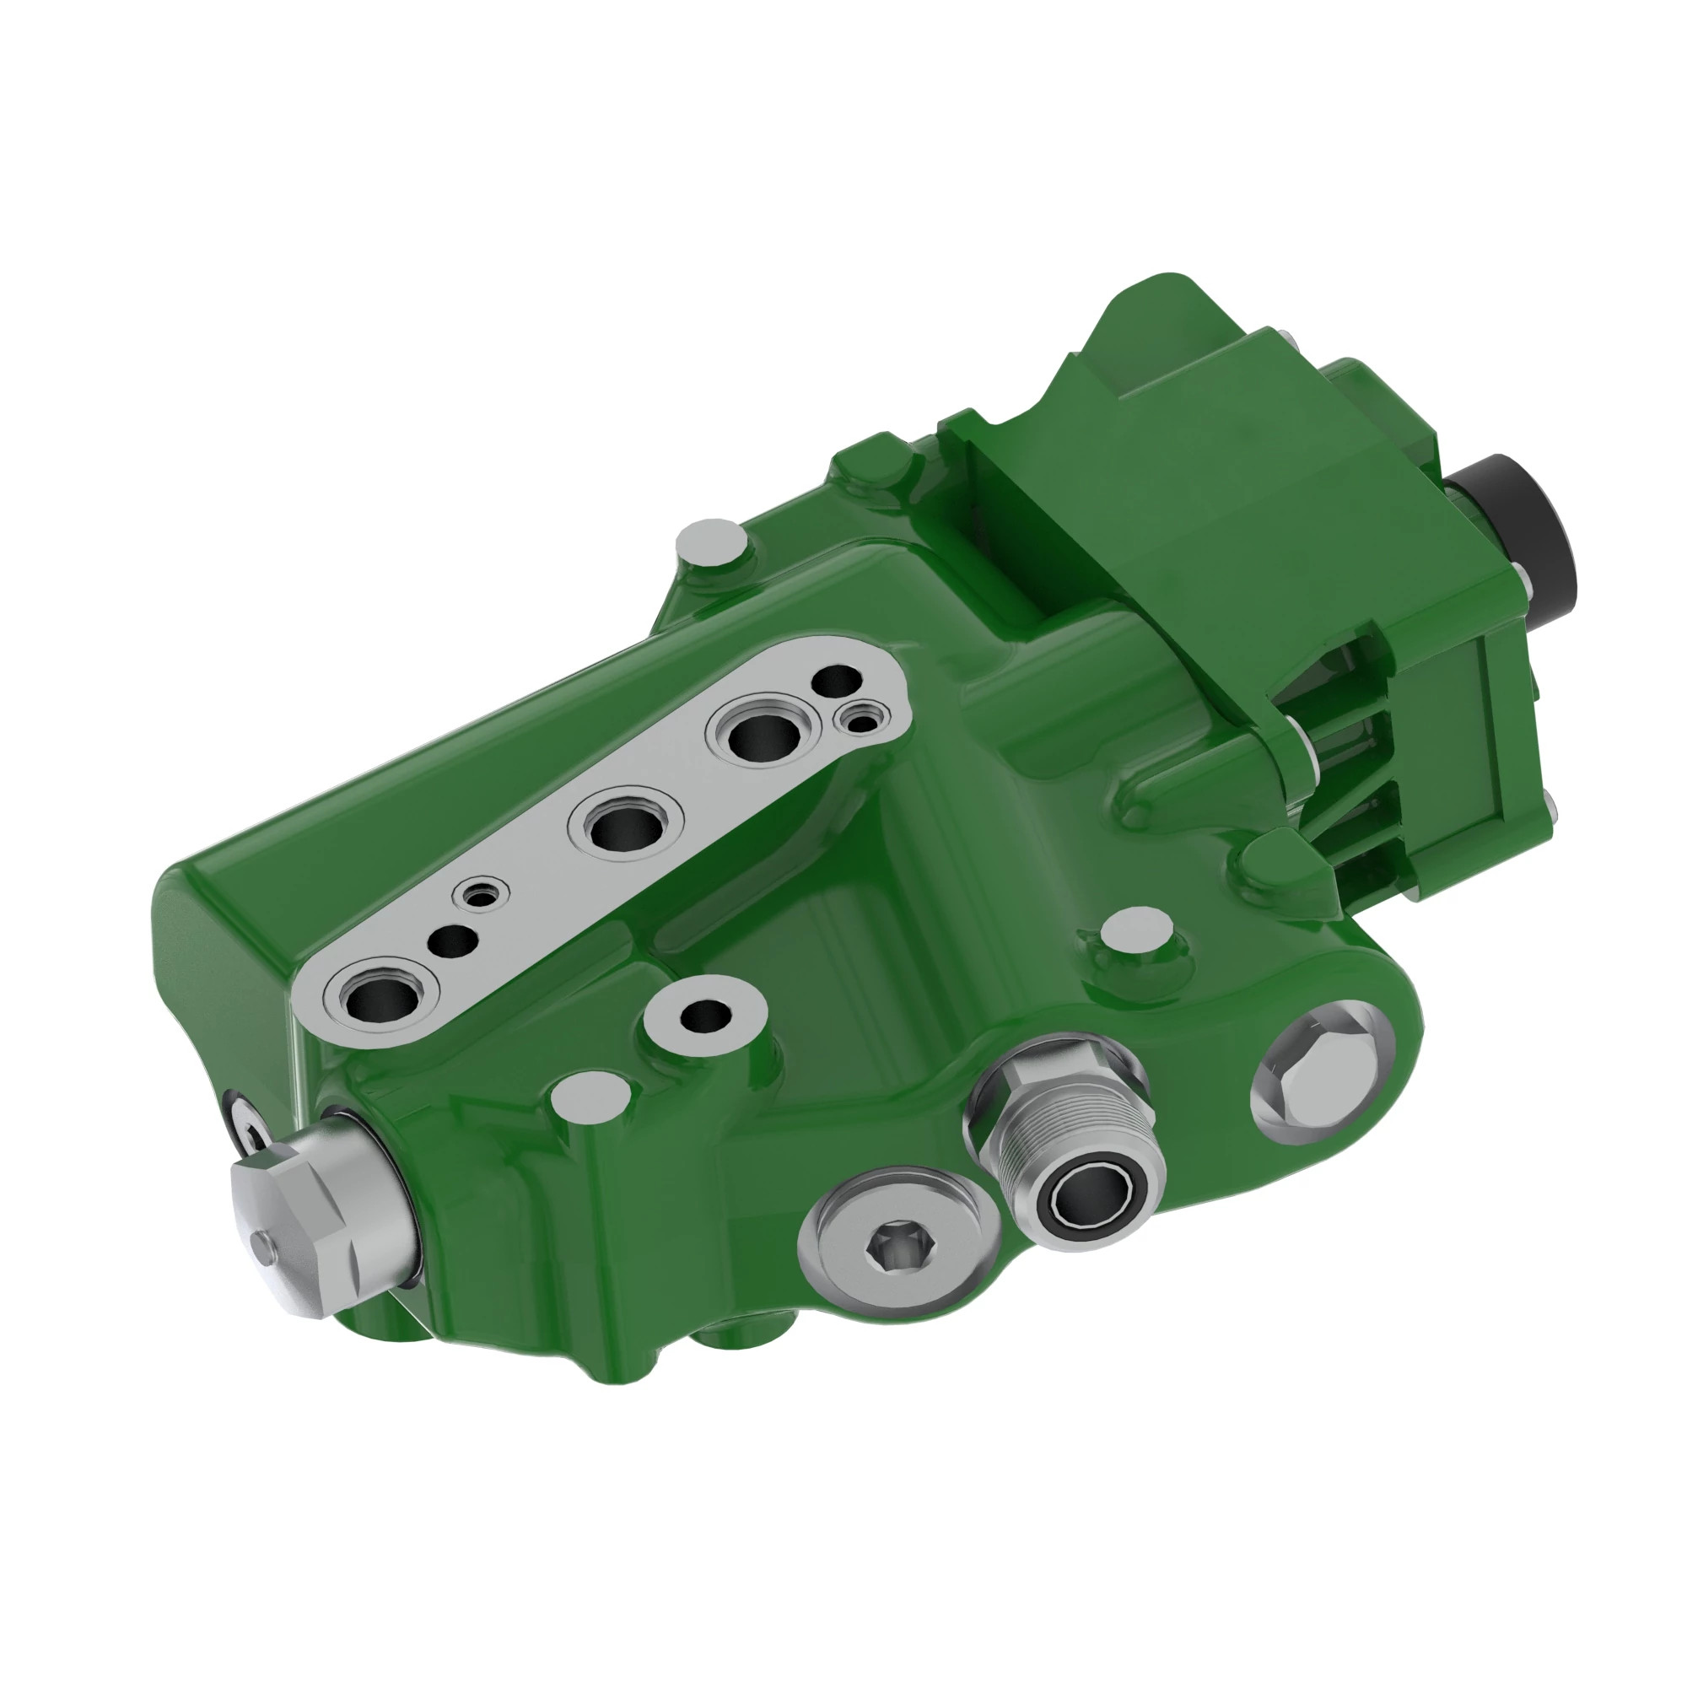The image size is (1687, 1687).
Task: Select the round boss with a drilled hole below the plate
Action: click(x=705, y=1015)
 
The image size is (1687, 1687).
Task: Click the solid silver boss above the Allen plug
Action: click(x=591, y=1096)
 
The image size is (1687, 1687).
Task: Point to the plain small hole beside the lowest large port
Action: click(x=452, y=941)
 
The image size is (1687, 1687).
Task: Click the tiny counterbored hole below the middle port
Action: click(x=482, y=893)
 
